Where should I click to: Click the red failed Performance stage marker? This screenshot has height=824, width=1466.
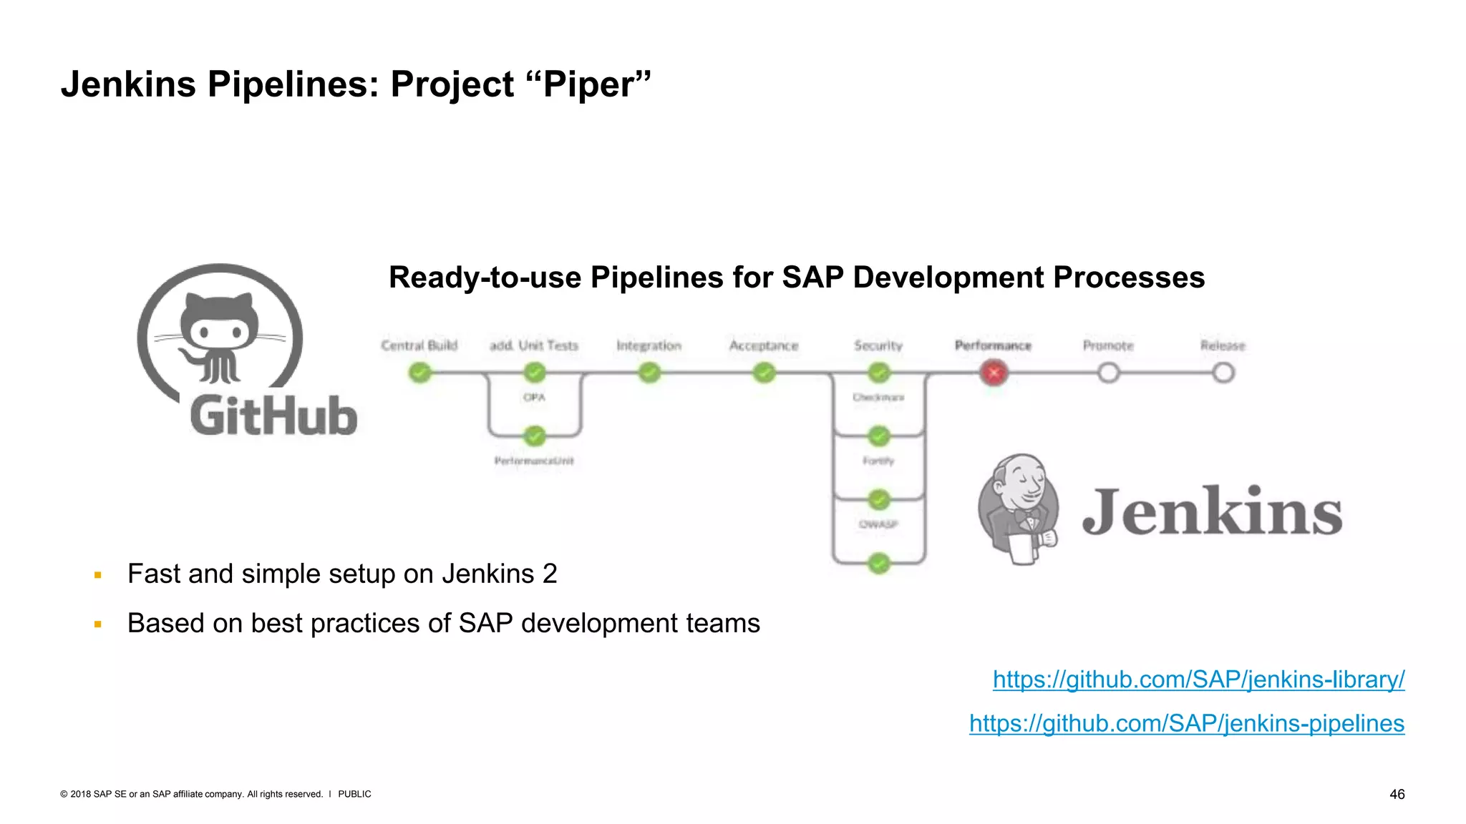[994, 373]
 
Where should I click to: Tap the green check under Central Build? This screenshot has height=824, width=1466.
[420, 373]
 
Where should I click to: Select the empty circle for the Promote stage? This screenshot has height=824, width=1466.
[1108, 373]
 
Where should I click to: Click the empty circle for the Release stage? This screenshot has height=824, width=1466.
[1223, 373]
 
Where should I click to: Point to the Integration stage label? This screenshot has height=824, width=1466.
[649, 345]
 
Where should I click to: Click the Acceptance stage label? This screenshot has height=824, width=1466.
[764, 345]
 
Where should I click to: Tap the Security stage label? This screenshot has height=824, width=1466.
[878, 345]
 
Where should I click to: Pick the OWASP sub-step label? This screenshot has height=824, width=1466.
[878, 524]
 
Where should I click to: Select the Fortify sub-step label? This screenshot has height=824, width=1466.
[878, 461]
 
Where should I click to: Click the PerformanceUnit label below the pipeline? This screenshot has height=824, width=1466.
[534, 461]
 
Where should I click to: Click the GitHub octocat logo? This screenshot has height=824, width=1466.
[219, 336]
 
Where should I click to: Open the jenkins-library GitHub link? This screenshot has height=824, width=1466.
[1198, 679]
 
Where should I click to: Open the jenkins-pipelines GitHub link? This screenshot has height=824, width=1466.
[1187, 723]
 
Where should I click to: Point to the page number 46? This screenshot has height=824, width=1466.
[1397, 794]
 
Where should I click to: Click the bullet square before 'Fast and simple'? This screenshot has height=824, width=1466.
[98, 575]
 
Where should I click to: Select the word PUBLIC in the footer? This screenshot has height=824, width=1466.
[354, 794]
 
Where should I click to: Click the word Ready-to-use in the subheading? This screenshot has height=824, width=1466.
[485, 278]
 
